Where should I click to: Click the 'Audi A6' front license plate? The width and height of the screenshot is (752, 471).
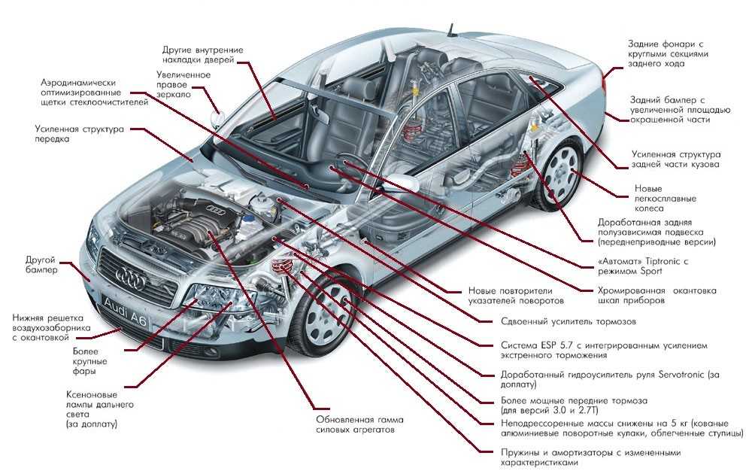coord(125,311)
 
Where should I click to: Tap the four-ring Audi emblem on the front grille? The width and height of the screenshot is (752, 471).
coord(131,278)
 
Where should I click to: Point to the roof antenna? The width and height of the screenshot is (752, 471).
coord(450,30)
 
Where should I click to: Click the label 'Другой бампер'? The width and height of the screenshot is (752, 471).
coord(41,265)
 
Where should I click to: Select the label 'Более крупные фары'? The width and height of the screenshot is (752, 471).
coord(90,361)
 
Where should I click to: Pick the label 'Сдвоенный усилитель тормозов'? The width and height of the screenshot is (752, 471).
coord(569,321)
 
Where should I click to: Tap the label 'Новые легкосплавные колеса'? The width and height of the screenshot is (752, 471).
coord(666,199)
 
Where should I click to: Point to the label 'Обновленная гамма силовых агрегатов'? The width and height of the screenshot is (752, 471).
coord(359,424)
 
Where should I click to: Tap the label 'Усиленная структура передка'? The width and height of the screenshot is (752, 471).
coord(79,134)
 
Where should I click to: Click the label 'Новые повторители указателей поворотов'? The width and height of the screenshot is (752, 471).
coord(516,296)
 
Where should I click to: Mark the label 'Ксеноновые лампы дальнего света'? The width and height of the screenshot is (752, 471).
coord(100,409)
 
